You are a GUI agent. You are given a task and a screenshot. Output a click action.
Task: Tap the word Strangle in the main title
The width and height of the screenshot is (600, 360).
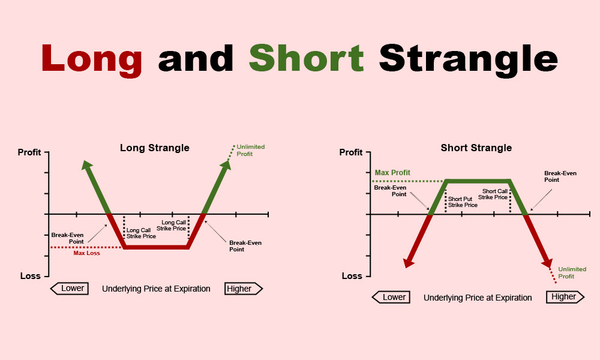click(x=468, y=58)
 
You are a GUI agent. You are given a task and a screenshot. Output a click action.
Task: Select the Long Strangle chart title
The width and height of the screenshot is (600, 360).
click(x=155, y=148)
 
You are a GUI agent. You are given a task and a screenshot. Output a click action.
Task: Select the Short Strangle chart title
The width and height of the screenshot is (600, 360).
click(x=476, y=148)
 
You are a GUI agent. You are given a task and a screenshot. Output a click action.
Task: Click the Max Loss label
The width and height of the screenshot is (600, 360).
click(x=86, y=253)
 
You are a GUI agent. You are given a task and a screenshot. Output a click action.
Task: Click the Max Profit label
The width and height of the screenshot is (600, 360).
click(x=392, y=173)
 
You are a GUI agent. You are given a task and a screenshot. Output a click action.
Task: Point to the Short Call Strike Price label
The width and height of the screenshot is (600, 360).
click(x=496, y=194)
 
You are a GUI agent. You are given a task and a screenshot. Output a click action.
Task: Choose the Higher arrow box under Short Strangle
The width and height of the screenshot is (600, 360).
click(x=564, y=297)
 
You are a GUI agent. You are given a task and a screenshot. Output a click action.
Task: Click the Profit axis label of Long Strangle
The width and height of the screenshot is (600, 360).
click(x=29, y=152)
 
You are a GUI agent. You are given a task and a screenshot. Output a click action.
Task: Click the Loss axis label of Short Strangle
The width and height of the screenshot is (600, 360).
click(x=352, y=276)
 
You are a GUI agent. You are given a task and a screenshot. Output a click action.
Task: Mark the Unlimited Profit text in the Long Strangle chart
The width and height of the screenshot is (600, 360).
click(x=250, y=151)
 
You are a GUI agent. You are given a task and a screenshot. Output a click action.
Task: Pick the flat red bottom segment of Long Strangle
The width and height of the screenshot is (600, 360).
click(x=156, y=247)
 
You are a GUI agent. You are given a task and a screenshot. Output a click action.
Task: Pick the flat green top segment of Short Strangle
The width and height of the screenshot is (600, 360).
click(x=477, y=181)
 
